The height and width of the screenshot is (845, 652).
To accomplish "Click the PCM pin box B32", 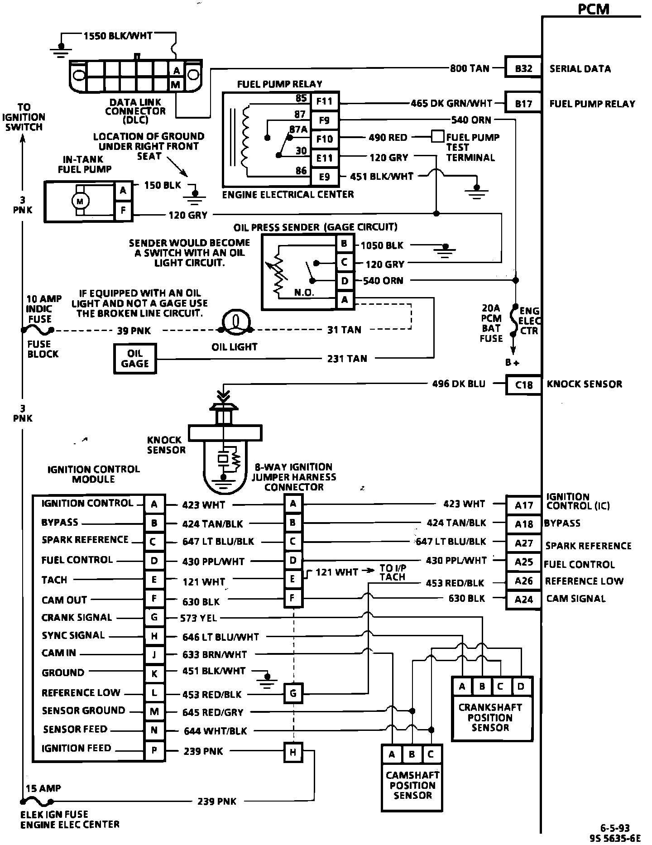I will click(523, 68).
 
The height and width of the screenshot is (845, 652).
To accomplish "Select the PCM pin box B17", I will click(523, 104).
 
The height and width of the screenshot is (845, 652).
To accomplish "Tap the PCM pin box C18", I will click(523, 385).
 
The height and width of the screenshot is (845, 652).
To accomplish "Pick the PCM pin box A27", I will click(523, 543).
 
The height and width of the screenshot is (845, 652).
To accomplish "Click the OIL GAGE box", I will click(135, 359).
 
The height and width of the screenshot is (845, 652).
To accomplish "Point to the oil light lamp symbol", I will click(235, 322).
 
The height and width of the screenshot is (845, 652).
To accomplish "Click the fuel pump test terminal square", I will click(437, 136).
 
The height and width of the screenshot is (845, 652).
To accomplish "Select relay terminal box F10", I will click(325, 139).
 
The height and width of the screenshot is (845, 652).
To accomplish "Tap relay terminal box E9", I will click(325, 177).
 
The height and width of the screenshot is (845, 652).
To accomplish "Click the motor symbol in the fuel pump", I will click(81, 201).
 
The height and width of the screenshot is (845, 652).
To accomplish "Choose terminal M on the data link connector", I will click(176, 84).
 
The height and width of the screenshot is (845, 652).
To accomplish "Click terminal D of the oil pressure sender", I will click(345, 281).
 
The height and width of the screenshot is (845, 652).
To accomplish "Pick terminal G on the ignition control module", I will click(154, 618).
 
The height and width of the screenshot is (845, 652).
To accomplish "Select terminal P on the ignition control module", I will click(154, 751).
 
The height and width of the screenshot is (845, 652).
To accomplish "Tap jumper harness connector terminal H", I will click(293, 753).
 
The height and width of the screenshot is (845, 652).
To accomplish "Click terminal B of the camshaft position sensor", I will click(412, 755).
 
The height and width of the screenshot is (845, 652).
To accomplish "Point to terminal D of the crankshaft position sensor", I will click(521, 687).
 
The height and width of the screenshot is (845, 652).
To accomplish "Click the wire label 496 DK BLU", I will click(458, 384).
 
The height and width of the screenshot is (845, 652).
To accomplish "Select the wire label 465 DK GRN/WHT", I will click(451, 103).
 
